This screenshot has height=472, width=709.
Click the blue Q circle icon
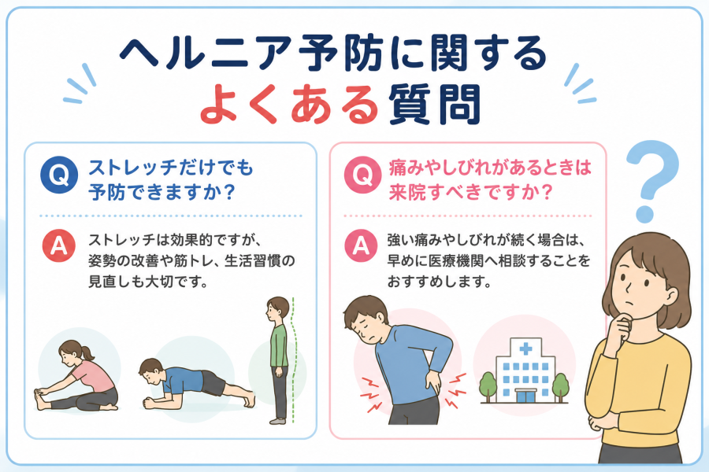point(59,175)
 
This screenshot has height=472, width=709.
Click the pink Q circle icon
point(362,175)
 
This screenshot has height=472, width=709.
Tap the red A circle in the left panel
point(59,246)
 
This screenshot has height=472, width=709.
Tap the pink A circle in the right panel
point(361,246)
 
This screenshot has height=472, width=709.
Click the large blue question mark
point(652,181)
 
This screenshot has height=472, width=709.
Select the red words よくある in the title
point(288,105)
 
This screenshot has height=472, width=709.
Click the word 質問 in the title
point(434,105)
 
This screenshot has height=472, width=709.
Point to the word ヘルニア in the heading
point(204,53)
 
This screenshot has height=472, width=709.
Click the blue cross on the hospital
point(525,348)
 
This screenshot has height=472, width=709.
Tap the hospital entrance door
point(525,396)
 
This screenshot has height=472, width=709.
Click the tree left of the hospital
point(488,386)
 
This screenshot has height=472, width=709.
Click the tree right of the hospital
point(560,387)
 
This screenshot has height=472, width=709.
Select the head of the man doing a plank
point(151,372)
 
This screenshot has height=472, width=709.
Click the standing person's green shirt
point(279,346)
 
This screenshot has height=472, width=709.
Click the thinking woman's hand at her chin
point(624,326)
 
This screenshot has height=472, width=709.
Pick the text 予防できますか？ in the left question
point(161,192)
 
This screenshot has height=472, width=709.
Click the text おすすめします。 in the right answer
point(440,282)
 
